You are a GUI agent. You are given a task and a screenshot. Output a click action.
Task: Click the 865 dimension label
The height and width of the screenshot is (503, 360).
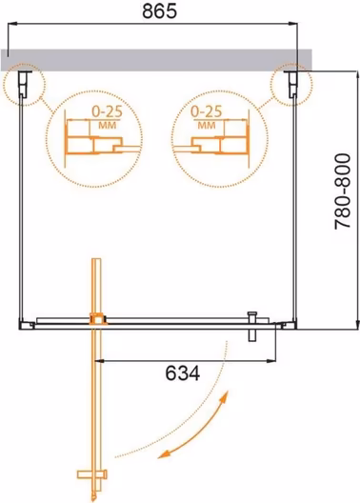pos(159,11)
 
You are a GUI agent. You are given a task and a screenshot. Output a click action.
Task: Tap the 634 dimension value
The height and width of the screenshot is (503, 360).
pos(183,373)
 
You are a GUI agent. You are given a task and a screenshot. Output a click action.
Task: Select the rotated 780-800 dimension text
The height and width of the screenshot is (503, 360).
pos(343,191)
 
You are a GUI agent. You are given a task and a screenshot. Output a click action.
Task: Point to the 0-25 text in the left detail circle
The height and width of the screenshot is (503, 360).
pos(107,111)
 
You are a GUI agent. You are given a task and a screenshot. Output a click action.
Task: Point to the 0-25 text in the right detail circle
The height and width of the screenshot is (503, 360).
pos(206,111)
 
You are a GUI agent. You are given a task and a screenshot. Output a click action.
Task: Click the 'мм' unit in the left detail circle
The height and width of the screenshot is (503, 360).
pos(107,125)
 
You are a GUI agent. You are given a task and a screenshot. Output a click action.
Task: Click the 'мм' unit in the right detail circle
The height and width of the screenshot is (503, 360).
pos(206,125)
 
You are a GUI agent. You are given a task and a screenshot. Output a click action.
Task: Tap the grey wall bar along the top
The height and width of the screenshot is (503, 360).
pos(156,60)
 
